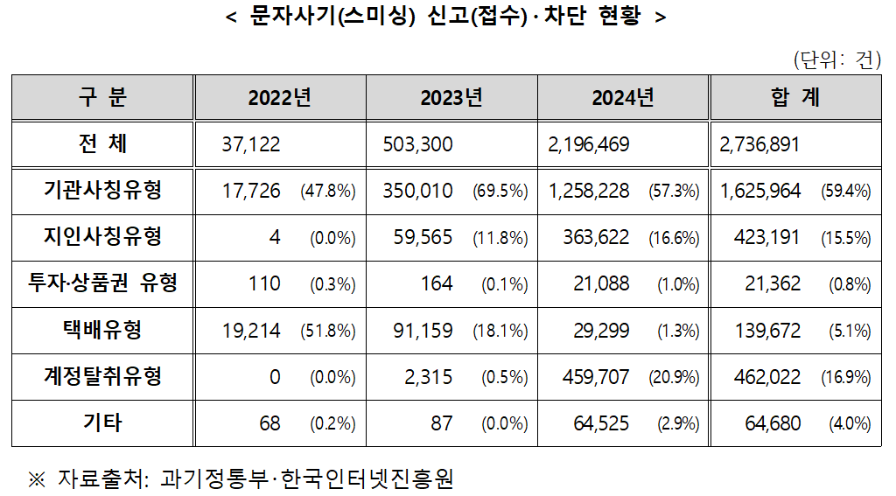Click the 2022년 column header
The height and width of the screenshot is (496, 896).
(280, 97)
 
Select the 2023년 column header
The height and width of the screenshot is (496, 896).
(451, 97)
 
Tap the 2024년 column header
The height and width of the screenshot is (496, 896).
(623, 97)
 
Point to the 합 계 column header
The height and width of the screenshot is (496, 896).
(795, 97)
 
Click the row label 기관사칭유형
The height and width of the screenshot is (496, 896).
(102, 190)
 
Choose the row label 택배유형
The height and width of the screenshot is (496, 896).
(102, 330)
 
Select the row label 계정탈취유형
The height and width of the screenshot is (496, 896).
(102, 377)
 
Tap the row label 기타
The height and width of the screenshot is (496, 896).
(102, 423)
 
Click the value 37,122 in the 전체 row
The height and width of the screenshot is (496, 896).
(252, 144)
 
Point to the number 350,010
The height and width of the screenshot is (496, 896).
(417, 191)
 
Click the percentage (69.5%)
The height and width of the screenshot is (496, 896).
(500, 192)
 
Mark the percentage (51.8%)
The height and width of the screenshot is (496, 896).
(328, 332)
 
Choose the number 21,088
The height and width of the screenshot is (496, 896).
(599, 283)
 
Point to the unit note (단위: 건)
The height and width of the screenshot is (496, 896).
(836, 60)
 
